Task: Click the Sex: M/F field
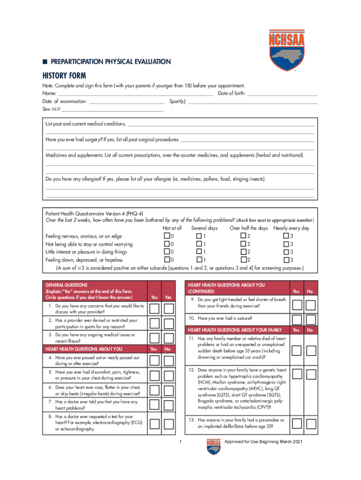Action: (x=113, y=109)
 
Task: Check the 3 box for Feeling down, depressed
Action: (x=286, y=260)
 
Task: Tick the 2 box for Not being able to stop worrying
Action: (x=243, y=244)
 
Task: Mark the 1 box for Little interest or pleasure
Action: (x=199, y=252)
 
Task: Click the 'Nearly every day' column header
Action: (x=291, y=228)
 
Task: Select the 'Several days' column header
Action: (x=204, y=228)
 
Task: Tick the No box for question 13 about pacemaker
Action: (x=310, y=423)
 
